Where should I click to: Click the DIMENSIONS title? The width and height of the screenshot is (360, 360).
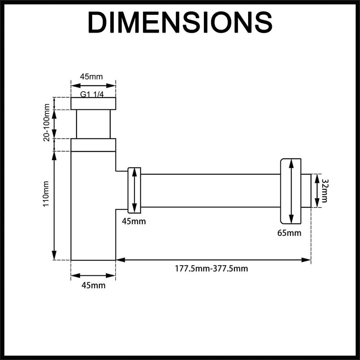(x=180, y=23)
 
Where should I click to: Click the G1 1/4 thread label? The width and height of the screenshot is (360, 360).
(x=92, y=94)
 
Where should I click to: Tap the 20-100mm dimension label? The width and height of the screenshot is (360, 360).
(x=46, y=122)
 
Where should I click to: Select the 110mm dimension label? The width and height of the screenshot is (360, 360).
(x=46, y=194)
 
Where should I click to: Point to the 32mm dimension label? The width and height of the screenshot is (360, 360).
(x=325, y=190)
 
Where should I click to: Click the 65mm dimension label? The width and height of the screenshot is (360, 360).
(x=289, y=233)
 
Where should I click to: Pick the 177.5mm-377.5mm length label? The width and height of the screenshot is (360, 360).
(x=211, y=269)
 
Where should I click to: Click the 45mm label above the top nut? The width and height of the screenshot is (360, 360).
(x=91, y=76)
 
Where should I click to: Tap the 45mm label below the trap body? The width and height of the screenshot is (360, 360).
(x=94, y=285)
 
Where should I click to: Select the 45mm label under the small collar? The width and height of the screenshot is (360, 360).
(x=134, y=221)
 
